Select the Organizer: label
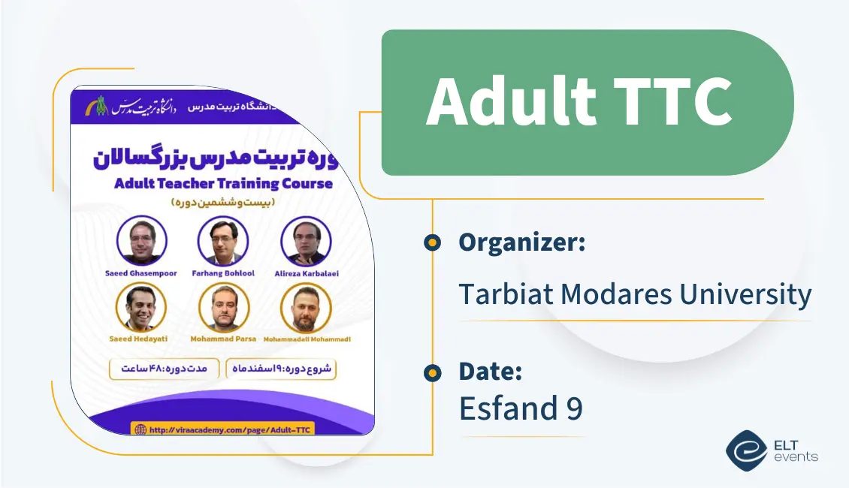(522, 242)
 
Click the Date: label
(491, 372)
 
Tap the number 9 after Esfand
(573, 408)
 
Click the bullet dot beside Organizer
(432, 242)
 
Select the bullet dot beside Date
(432, 372)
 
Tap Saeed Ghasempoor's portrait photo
(142, 240)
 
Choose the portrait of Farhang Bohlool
(223, 241)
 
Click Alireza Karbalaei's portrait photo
(306, 241)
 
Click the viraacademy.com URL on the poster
(231, 429)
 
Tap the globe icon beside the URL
(140, 429)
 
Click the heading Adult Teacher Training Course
(223, 183)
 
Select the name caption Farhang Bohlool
(223, 273)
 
